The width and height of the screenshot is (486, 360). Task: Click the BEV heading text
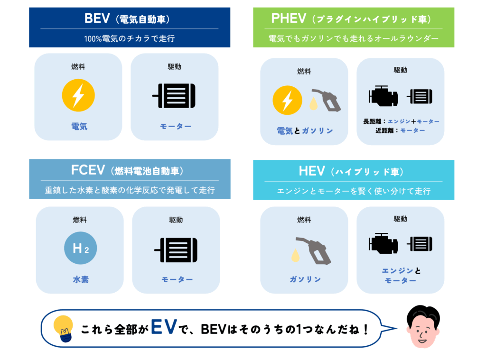127,18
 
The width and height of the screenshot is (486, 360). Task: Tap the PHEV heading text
351,18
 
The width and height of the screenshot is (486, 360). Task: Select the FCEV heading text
127,170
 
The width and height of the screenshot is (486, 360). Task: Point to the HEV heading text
351,171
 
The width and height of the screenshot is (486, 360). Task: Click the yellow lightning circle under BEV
78,95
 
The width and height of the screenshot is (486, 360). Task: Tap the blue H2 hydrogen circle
81,248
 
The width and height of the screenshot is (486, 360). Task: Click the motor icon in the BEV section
174,96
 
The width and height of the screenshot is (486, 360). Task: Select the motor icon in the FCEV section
176,250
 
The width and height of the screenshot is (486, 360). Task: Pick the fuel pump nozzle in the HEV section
314,251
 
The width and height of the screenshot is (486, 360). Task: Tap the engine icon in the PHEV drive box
383,96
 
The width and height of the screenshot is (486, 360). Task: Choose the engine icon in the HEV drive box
383,243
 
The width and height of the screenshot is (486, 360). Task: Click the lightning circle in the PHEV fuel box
287,100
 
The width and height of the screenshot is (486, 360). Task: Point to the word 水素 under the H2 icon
81,279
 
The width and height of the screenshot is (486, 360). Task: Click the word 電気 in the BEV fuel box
79,126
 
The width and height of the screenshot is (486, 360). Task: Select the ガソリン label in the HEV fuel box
305,279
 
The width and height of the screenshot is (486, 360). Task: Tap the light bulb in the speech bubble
63,329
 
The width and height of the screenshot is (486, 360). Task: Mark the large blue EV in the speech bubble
164,327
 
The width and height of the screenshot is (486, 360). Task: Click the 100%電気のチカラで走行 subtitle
130,38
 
